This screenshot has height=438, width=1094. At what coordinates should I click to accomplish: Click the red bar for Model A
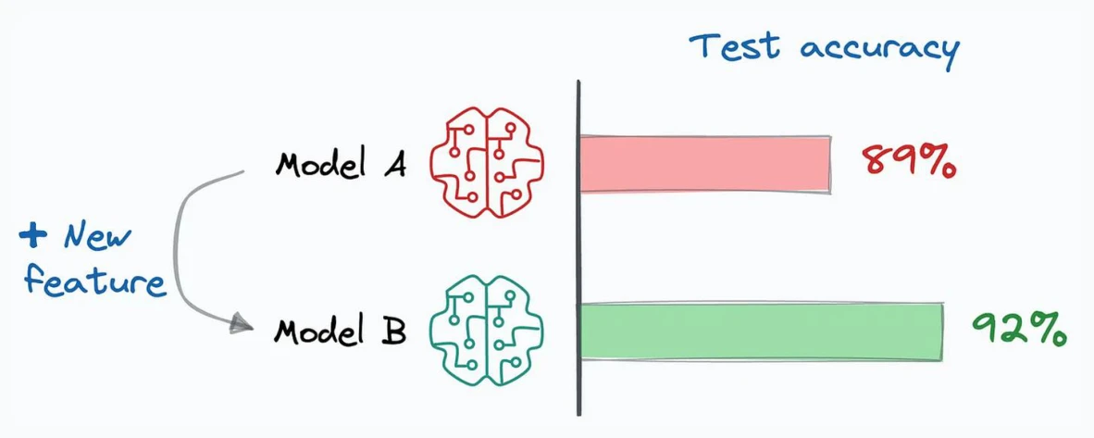coord(705,164)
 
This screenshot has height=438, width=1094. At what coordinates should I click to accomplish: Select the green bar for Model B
coord(761,332)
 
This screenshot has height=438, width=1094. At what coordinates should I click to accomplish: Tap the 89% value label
coord(908,162)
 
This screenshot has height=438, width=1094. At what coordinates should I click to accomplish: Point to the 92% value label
coord(1019,328)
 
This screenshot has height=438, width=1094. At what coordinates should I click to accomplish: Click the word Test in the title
coord(736,46)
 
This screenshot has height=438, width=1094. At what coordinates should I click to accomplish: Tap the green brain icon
coord(486,331)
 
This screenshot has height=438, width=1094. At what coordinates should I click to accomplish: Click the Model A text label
coord(341,165)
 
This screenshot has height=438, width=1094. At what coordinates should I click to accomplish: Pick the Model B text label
coord(340,330)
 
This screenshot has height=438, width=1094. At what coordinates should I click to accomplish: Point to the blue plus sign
coord(32,236)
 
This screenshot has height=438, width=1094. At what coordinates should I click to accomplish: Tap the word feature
coord(95,281)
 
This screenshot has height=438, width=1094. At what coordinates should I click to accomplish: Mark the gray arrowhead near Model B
coord(241,322)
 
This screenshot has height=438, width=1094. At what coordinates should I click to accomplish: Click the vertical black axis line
coord(578,248)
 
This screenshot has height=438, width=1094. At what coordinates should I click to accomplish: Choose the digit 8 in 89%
coord(875,162)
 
